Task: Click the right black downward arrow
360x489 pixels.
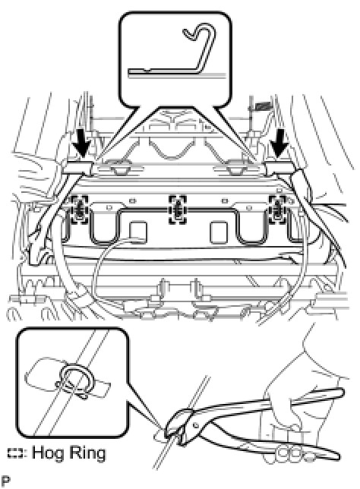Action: [279, 144]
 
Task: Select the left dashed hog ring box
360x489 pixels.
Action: [80, 210]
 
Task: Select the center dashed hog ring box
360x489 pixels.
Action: [178, 210]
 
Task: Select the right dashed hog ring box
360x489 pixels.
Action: [277, 210]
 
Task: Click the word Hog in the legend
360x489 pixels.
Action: [48, 453]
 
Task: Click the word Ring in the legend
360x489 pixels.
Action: [87, 453]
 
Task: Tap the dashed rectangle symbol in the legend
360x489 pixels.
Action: [15, 453]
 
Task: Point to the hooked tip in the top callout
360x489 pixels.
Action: [191, 33]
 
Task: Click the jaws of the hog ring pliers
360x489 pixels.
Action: [175, 428]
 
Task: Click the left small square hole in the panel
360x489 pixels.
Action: [137, 232]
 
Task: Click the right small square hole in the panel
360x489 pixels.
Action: [219, 232]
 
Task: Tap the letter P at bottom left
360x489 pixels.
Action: [5, 481]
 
